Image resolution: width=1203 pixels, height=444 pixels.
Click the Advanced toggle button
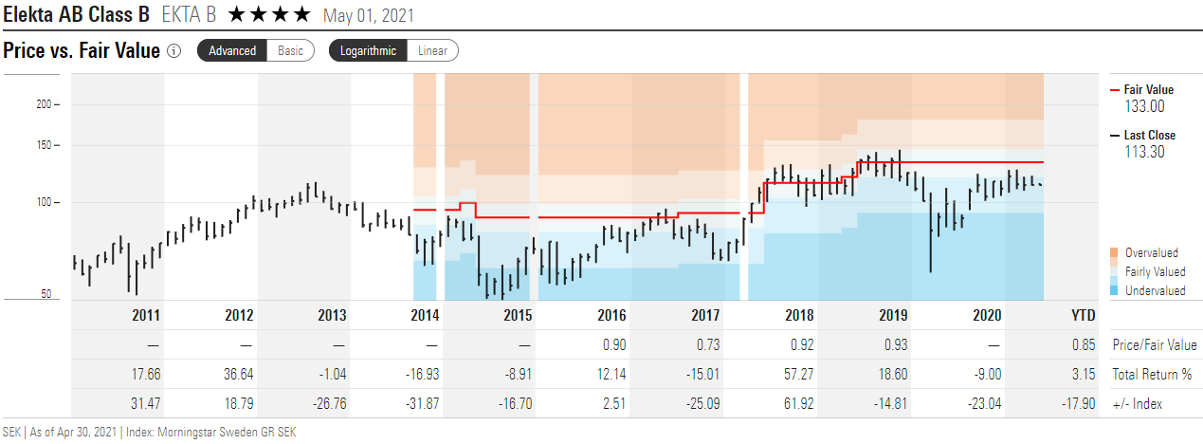tap(232, 51)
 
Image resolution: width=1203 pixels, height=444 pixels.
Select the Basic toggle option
tap(291, 51)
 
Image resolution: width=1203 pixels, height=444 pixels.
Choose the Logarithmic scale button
tap(369, 51)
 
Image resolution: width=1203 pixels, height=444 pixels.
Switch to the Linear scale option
tap(433, 51)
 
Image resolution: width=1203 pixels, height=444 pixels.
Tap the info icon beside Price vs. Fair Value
tap(173, 51)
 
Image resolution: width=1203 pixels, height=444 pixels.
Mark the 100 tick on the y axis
tap(43, 202)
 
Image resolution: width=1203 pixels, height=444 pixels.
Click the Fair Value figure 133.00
tap(1144, 107)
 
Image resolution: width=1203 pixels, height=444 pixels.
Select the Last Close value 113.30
tap(1144, 152)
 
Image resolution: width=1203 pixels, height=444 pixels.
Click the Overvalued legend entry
tap(1151, 253)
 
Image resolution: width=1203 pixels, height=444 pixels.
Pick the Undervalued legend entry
tap(1155, 291)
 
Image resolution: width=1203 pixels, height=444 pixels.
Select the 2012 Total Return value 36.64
tap(239, 375)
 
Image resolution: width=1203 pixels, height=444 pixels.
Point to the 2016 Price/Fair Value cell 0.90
tap(614, 345)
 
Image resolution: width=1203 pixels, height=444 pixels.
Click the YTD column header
tap(1083, 316)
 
